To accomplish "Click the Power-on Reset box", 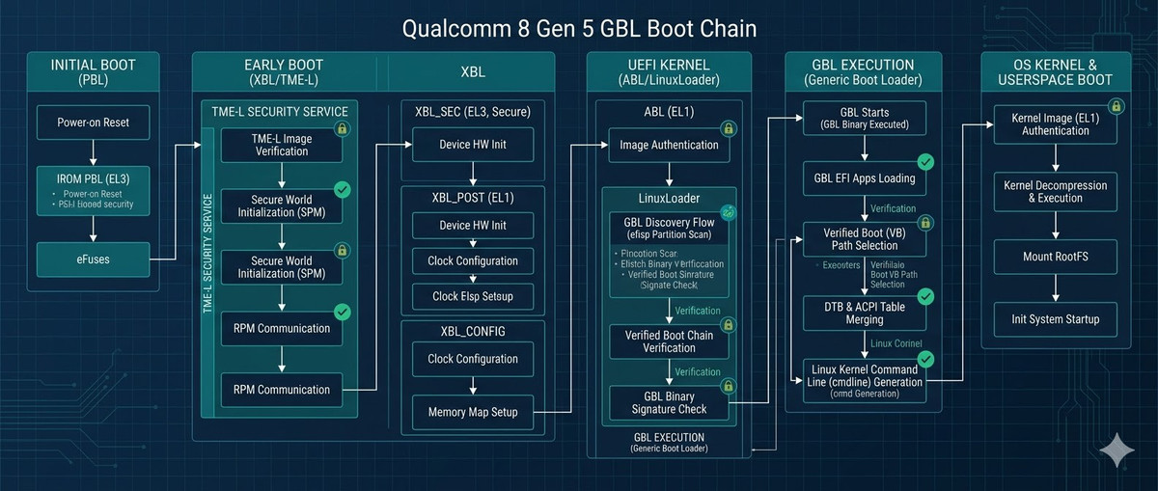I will click(93, 123).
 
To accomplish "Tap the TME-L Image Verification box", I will click(281, 145).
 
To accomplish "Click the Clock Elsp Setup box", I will click(472, 296).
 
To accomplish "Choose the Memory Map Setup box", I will click(472, 412).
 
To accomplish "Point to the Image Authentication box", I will click(669, 145).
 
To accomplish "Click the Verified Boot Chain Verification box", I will click(669, 341).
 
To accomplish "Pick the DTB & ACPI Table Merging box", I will click(864, 312).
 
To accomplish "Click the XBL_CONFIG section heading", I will click(473, 331).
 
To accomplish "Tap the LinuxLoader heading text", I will click(669, 198).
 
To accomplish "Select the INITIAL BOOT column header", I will click(93, 73).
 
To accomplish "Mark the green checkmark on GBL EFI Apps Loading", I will click(924, 161).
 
